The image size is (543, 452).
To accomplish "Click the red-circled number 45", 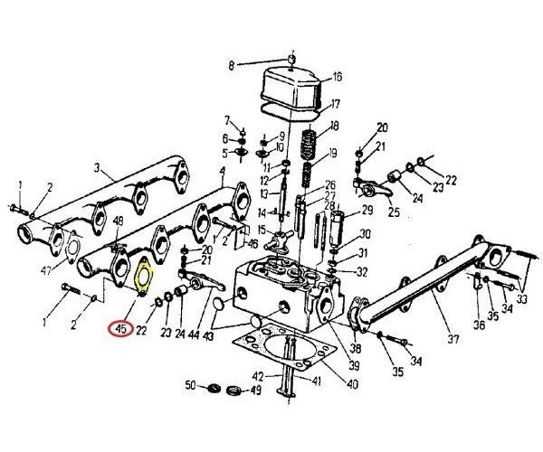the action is [120, 329].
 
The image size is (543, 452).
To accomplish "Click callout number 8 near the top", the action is [232, 65].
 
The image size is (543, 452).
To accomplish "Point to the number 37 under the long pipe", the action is [453, 339].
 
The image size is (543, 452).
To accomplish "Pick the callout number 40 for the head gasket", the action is [352, 384].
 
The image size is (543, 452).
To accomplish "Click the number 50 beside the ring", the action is [190, 384].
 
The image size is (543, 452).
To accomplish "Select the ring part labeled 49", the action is [234, 391].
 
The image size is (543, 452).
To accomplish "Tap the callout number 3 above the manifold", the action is [97, 168].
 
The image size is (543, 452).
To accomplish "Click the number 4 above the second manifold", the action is [222, 172].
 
